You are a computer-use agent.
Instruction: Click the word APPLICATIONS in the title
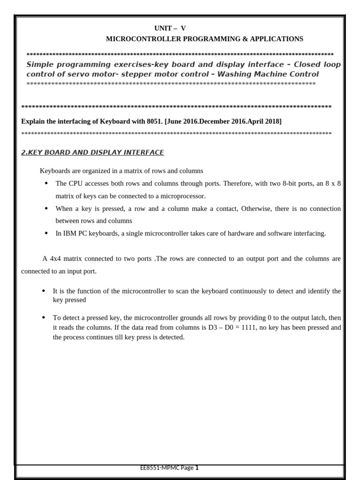(277, 39)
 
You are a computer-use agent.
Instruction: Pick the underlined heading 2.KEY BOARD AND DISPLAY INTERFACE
(93, 152)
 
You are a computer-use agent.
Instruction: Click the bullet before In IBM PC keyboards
(46, 233)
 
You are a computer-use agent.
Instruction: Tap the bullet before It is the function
(44, 291)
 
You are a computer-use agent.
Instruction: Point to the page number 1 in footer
(197, 468)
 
